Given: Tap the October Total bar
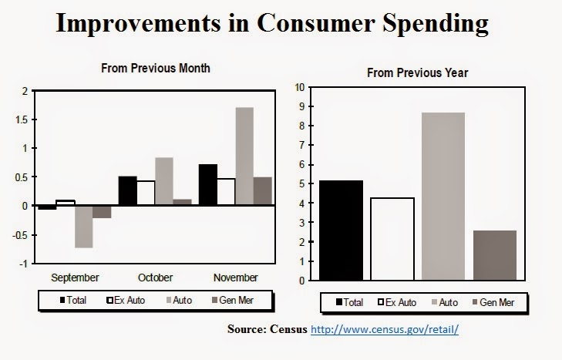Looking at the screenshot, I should pos(127,190).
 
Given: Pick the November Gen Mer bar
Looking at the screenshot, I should pos(263,191).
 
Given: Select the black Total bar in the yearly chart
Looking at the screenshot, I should pos(341,230).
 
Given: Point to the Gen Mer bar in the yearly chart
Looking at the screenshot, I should pos(494,255).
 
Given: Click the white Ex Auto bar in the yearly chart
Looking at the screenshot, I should pos(392,239).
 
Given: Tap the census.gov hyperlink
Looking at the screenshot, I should pos(385,330).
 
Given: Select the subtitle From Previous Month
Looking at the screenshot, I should pos(156,69).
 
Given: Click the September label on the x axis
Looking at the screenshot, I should pos(75,278).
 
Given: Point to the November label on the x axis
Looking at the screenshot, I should pos(235,278).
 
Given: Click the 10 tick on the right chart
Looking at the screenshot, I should pos(301,87).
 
